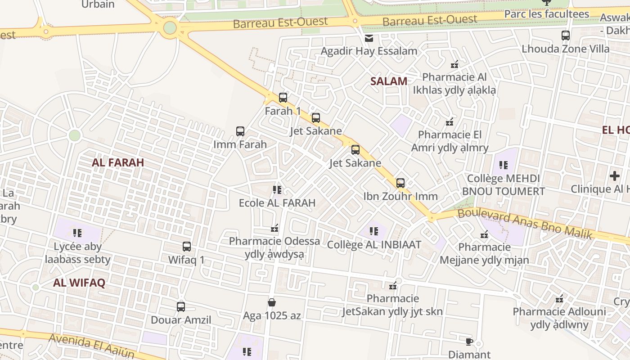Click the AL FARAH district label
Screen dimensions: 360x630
tap(118, 162)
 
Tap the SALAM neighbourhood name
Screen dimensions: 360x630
tap(389, 81)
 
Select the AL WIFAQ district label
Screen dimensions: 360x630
tap(79, 283)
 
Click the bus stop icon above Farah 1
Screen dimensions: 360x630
tap(283, 97)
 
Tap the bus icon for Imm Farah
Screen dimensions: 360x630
tap(240, 131)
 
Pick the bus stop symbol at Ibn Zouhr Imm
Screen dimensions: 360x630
tap(400, 183)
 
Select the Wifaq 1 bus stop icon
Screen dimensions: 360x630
tap(187, 247)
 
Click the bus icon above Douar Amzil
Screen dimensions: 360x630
tap(181, 307)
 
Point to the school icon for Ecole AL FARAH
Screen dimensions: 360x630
tap(277, 190)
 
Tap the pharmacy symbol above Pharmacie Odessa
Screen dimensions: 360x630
tap(275, 228)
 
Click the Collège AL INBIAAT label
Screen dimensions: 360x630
tap(374, 245)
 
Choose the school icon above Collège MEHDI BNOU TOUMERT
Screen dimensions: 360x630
tap(503, 165)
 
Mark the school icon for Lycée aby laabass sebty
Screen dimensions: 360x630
tap(77, 233)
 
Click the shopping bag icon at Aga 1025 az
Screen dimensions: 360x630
tap(272, 302)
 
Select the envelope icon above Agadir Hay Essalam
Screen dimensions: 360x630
tap(369, 38)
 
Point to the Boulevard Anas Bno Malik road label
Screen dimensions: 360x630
tap(531, 223)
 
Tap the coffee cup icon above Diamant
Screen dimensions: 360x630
tap(469, 342)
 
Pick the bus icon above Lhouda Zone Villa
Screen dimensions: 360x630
tap(566, 35)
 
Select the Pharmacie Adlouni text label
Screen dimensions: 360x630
tap(559, 311)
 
